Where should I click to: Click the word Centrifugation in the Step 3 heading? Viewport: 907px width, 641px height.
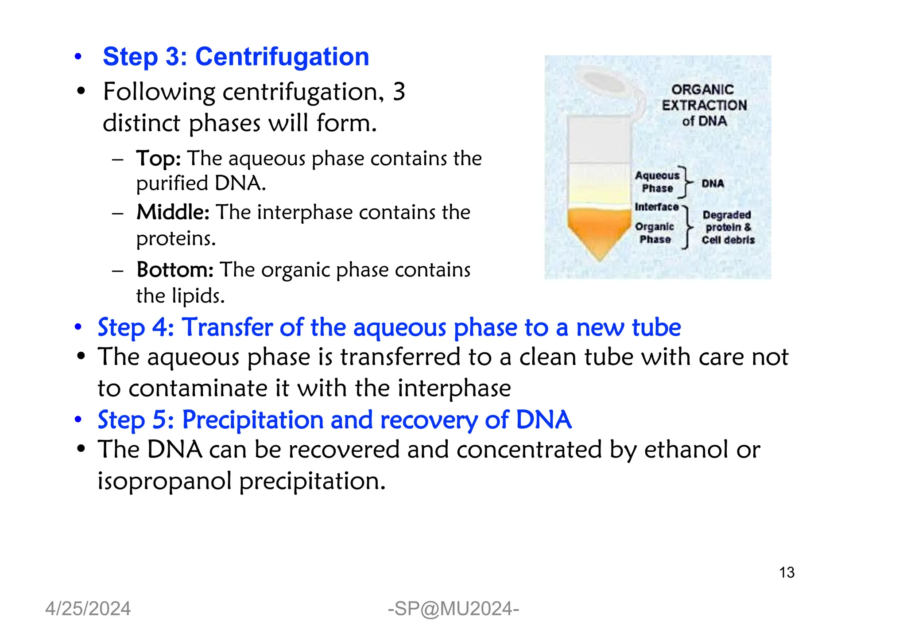point(282,57)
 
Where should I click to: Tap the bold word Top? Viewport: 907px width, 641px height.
point(158,159)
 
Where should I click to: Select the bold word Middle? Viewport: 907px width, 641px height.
point(172,212)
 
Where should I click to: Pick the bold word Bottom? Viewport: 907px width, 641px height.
point(175,270)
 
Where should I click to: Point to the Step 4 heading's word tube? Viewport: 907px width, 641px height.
point(656,328)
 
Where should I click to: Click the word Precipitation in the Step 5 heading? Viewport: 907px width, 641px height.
point(252,420)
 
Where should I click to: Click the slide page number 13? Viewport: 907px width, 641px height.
point(787,573)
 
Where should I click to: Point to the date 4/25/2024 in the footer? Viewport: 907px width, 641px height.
point(88,609)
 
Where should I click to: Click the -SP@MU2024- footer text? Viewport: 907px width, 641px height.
point(453,609)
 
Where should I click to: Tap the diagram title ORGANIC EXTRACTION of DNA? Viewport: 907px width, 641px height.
point(704,105)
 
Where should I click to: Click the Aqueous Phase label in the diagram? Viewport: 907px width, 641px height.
point(657,182)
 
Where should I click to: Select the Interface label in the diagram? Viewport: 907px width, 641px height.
point(656,207)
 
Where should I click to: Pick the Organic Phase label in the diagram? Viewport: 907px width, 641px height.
point(655,233)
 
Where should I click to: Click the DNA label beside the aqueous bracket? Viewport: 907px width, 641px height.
point(713,183)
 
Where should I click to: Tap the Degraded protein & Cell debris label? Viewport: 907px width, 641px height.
point(728,228)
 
